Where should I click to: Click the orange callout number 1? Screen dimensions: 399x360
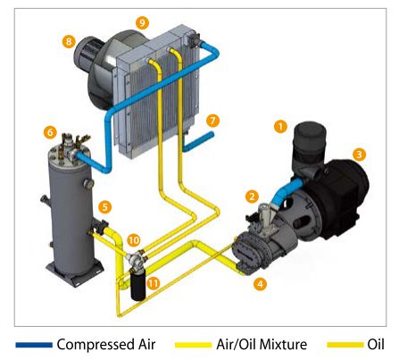[x=280, y=127]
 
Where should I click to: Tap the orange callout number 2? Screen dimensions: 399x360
[x=252, y=197]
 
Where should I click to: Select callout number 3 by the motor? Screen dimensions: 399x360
[x=359, y=155]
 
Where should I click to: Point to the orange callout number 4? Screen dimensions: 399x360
[x=260, y=284]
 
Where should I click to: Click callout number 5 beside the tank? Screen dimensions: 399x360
[x=104, y=207]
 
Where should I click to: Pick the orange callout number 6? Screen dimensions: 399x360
[x=50, y=132]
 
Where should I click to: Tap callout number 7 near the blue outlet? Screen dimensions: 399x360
[x=212, y=121]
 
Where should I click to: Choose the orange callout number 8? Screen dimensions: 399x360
[x=69, y=41]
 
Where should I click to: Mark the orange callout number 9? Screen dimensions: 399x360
[x=142, y=22]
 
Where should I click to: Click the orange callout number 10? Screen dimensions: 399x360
[x=134, y=240]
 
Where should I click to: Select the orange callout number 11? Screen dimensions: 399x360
[x=153, y=283]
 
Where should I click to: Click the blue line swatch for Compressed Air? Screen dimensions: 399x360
[x=34, y=345]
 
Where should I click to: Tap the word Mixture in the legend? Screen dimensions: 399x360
[x=283, y=345]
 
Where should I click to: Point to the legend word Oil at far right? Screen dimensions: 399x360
[x=376, y=345]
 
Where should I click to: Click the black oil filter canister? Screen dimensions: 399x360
[x=138, y=284]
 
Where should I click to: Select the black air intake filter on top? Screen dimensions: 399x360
[x=310, y=142]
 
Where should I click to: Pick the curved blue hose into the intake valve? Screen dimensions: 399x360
[x=285, y=193]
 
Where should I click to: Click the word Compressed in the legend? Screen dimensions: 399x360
[x=96, y=345]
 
